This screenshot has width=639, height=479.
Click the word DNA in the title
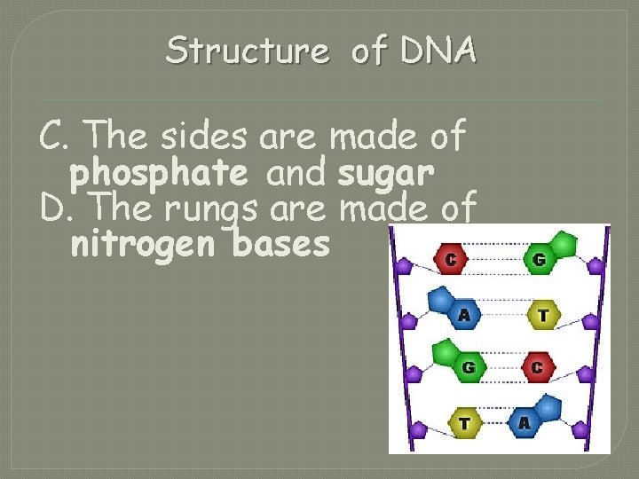[x=438, y=51]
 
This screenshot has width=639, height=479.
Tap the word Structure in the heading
[x=247, y=51]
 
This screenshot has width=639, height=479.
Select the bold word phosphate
[x=158, y=174]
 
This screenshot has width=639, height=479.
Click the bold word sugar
[x=385, y=174]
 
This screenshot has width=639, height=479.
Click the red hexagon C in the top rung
[x=451, y=260]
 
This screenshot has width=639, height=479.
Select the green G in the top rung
[x=540, y=260]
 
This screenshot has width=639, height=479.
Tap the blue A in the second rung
[x=463, y=313]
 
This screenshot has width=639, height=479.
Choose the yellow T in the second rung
[x=542, y=314]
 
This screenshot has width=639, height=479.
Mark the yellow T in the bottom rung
[x=463, y=422]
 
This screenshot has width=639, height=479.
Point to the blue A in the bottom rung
[x=524, y=421]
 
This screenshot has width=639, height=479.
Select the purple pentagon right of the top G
[x=591, y=263]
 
